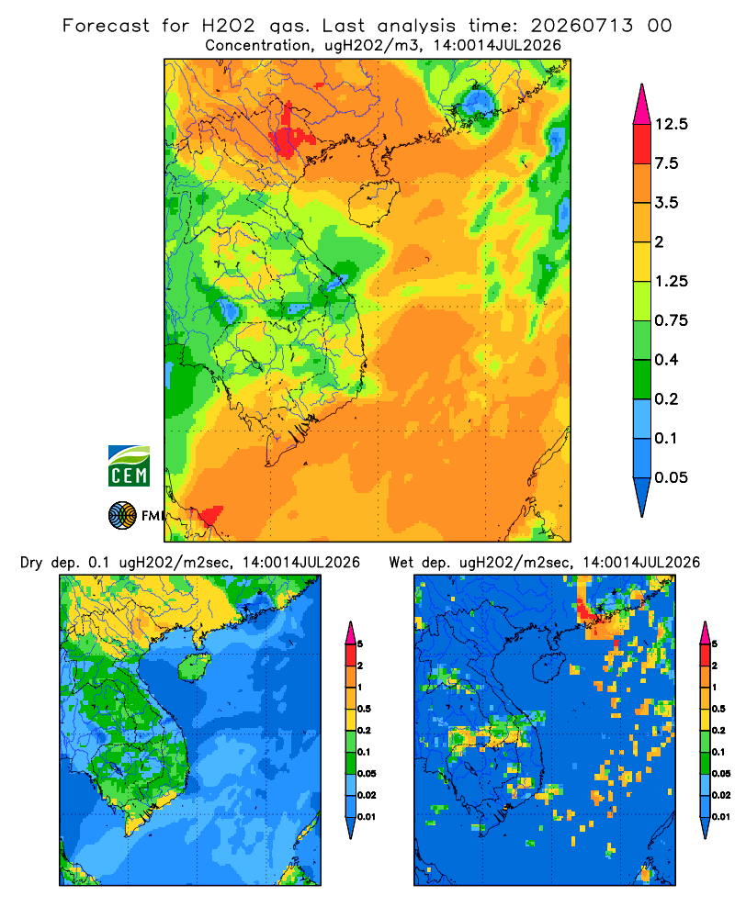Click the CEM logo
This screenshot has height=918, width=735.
pyautogui.click(x=129, y=465)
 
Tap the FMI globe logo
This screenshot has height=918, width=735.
pyautogui.click(x=122, y=515)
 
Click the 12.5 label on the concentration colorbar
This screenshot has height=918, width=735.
pyautogui.click(x=671, y=124)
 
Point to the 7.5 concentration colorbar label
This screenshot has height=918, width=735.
pyautogui.click(x=666, y=163)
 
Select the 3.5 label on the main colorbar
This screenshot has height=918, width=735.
pyautogui.click(x=666, y=203)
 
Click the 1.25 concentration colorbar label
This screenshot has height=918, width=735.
pyautogui.click(x=671, y=281)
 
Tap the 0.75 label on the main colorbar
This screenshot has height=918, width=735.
pyautogui.click(x=671, y=320)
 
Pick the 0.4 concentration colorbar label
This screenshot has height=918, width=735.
pyautogui.click(x=666, y=360)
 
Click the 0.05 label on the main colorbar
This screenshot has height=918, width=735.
pyautogui.click(x=671, y=477)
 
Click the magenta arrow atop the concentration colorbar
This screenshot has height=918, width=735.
pyautogui.click(x=642, y=106)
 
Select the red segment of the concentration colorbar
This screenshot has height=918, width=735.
pyautogui.click(x=642, y=144)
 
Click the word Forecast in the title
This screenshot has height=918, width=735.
pyautogui.click(x=106, y=26)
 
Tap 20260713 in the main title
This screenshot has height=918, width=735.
pyautogui.click(x=582, y=26)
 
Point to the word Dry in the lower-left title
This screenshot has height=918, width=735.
pyautogui.click(x=31, y=563)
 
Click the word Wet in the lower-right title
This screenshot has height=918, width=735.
pyautogui.click(x=401, y=563)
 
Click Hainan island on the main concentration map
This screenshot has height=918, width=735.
pyautogui.click(x=374, y=203)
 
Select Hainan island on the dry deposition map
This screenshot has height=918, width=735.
pyautogui.click(x=194, y=666)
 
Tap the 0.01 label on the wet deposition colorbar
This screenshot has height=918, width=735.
pyautogui.click(x=721, y=817)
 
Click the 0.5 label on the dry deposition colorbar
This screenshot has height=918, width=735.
pyautogui.click(x=364, y=709)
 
